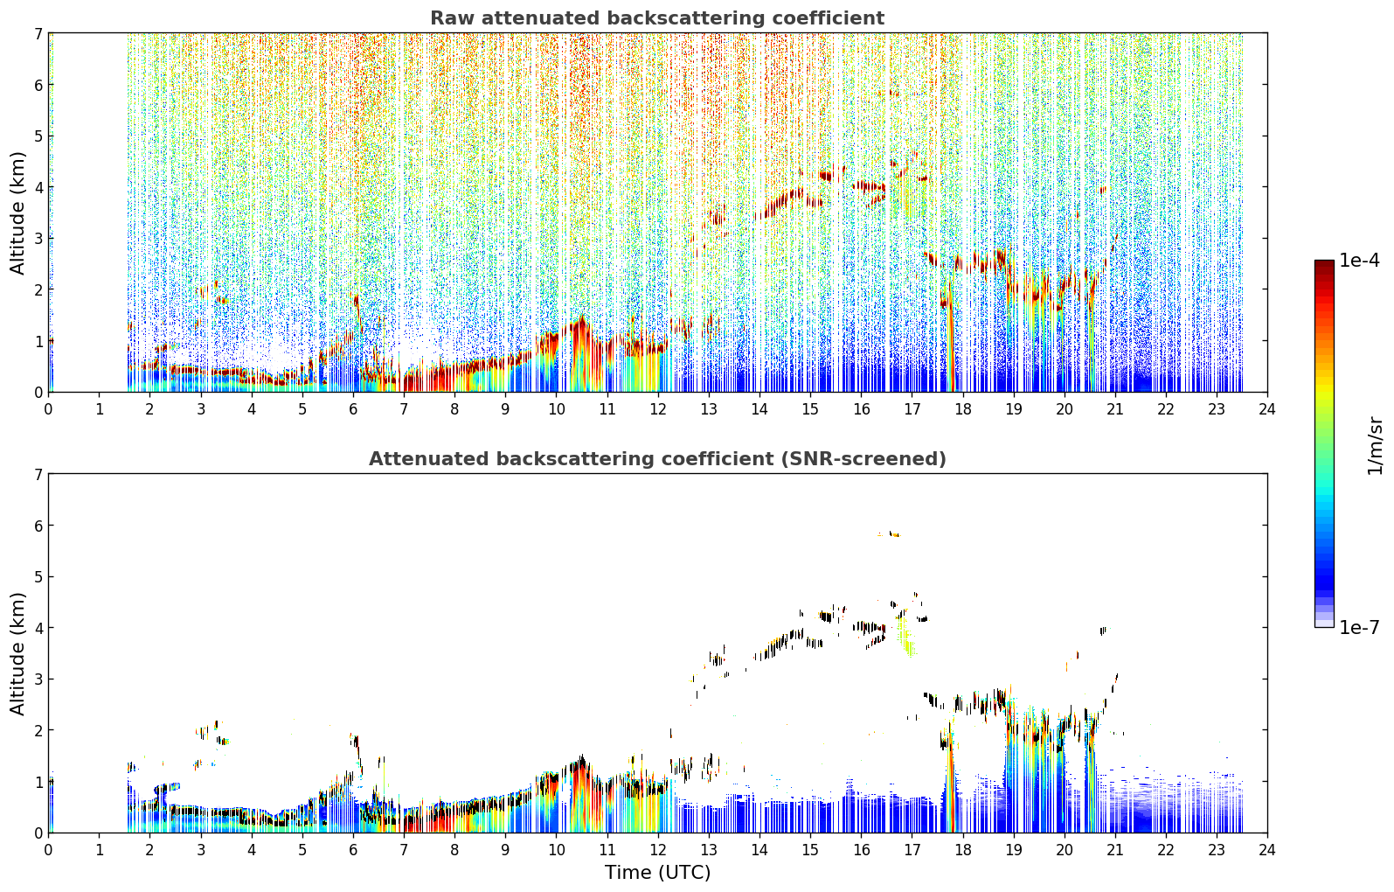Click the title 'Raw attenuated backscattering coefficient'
click(x=657, y=18)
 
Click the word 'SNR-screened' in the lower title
click(x=862, y=459)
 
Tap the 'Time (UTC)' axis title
click(x=657, y=872)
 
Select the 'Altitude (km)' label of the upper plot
click(x=17, y=213)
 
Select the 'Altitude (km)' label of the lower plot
click(x=17, y=653)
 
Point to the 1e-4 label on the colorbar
click(x=1359, y=260)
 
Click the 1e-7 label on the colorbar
click(x=1359, y=627)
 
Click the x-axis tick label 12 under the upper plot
click(x=658, y=409)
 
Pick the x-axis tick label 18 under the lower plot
click(x=963, y=850)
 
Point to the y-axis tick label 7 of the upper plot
click(x=38, y=33)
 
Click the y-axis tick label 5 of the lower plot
click(x=38, y=577)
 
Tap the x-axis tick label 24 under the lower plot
click(x=1267, y=850)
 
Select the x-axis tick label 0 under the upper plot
click(x=49, y=409)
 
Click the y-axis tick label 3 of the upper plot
click(x=38, y=239)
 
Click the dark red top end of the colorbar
click(x=1324, y=263)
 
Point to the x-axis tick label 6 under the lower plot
click(x=353, y=850)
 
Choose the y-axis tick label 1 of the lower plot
click(x=38, y=782)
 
